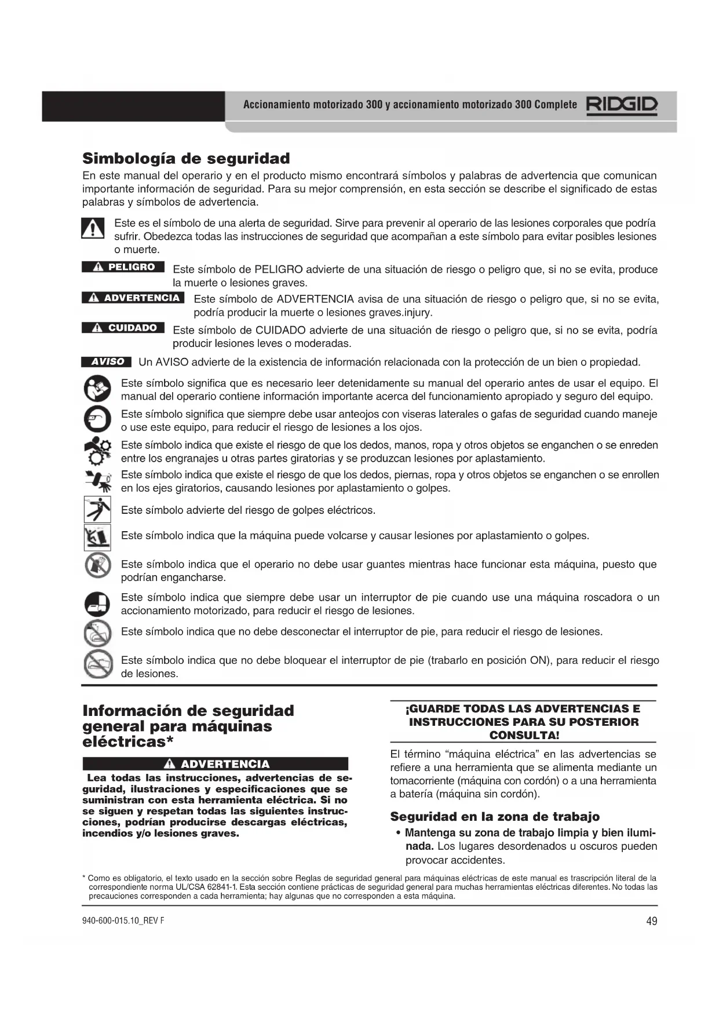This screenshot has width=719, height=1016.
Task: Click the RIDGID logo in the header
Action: point(622,105)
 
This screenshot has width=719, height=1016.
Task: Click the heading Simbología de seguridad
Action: point(186,158)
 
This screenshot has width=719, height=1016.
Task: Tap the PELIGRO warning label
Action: point(123,267)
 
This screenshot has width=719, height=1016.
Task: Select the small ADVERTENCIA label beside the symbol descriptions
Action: point(133,298)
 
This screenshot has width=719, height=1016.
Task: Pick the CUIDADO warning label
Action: point(123,328)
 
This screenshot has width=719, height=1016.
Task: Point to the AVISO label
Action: point(107,362)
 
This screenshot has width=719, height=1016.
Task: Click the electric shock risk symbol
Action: point(97,510)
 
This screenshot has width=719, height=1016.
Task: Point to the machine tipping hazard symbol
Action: point(97,537)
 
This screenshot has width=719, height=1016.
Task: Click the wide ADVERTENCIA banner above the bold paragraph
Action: point(216,764)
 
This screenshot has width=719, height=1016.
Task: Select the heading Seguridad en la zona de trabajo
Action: point(495,817)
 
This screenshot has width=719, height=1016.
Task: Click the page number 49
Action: point(651,922)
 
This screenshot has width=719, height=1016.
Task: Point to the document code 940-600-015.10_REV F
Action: point(123,921)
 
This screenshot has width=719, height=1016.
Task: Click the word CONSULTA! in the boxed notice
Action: point(524,736)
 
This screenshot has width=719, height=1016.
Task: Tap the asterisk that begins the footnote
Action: point(84,878)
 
